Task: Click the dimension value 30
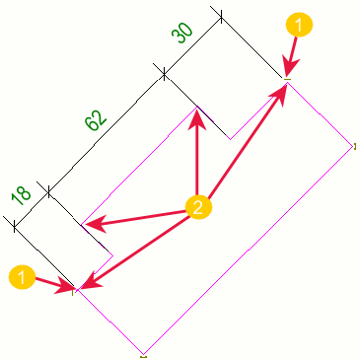tap(181, 33)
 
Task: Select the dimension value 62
tap(96, 119)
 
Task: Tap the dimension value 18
tap(21, 196)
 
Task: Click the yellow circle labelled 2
tap(198, 207)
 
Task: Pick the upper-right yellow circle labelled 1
tap(299, 25)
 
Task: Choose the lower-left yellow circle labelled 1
tap(22, 277)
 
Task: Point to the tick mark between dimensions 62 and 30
tap(164, 76)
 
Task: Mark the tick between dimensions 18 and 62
tap(48, 191)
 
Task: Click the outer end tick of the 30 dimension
tap(221, 16)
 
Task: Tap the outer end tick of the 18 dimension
tap(14, 226)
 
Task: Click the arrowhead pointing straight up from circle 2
tap(197, 119)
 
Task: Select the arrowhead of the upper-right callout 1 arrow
tap(290, 69)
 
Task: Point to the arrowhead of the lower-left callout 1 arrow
tap(68, 287)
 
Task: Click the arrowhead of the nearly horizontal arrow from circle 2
tap(92, 225)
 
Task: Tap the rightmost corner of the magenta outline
tap(352, 147)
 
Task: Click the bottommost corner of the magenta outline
tap(143, 354)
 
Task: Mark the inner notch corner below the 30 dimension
tap(230, 139)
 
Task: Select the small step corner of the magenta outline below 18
tap(113, 255)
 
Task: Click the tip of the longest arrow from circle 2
tap(285, 84)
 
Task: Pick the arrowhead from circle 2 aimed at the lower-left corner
tap(80, 289)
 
